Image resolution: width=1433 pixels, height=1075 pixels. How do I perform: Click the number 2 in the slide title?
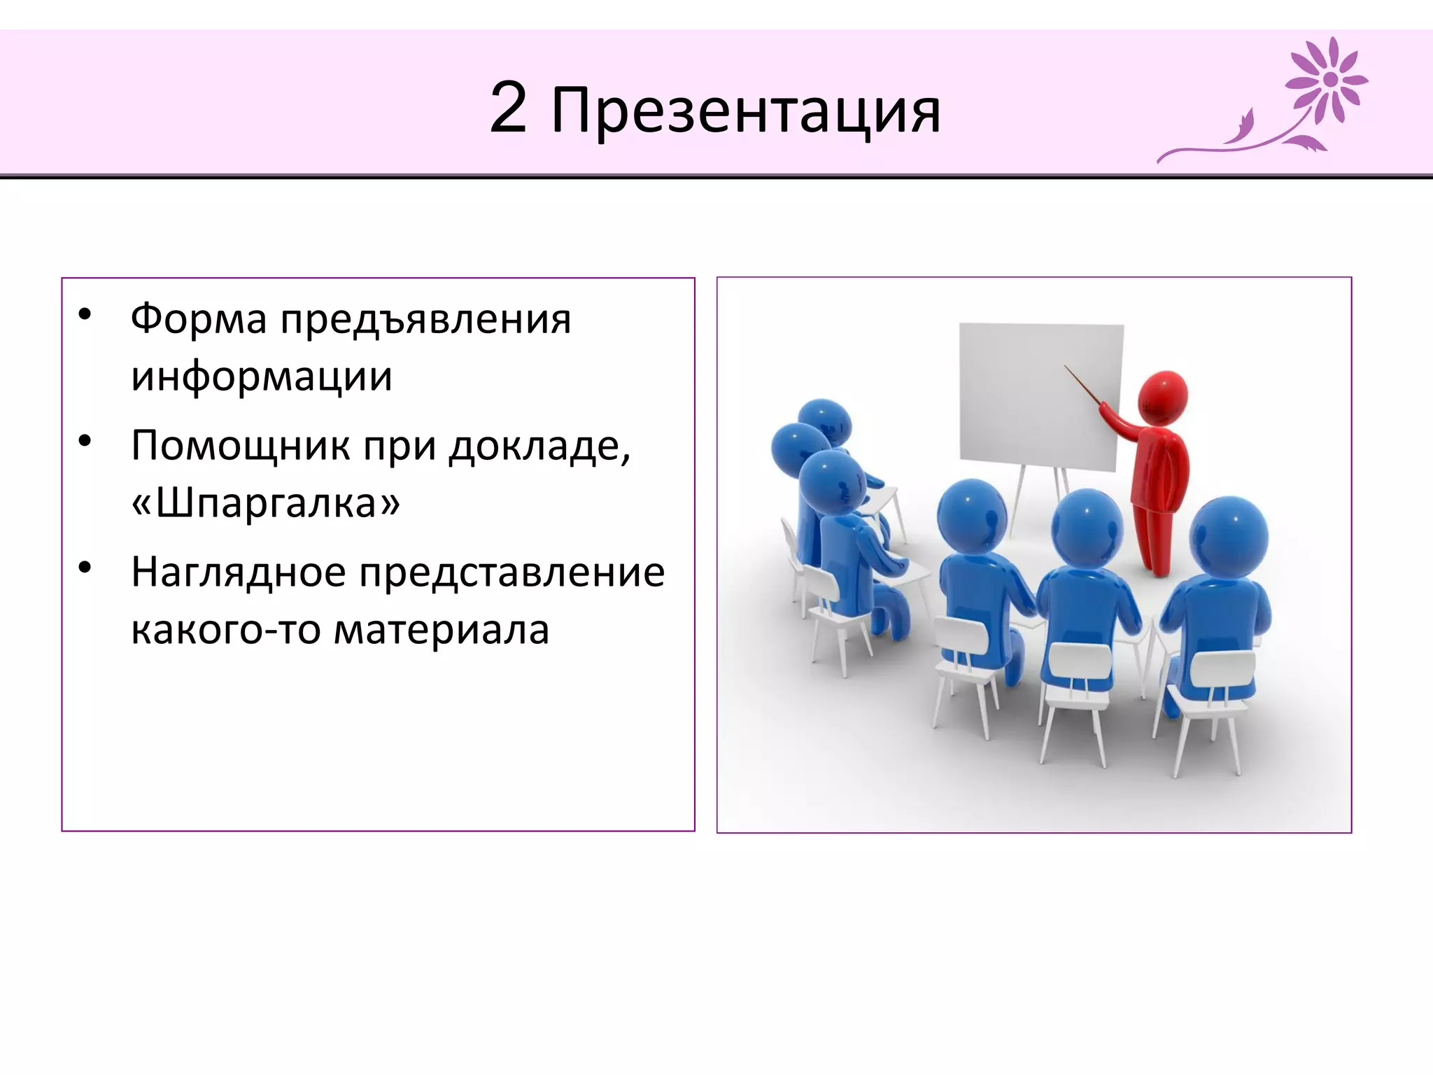point(508,108)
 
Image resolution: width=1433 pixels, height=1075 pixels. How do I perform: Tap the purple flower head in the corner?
point(1328,80)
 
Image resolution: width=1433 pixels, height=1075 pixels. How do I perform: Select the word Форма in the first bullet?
point(199,319)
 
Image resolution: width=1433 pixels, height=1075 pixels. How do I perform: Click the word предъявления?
point(426,321)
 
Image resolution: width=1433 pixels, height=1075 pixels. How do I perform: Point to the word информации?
point(262,377)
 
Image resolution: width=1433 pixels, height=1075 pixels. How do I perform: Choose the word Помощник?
point(240,446)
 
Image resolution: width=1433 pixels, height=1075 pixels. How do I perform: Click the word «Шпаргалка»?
point(265,503)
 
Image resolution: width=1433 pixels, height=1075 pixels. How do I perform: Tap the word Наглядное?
point(239,572)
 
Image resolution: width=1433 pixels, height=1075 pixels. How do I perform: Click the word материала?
point(442,630)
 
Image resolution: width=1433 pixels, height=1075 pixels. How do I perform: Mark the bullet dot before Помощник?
point(85,441)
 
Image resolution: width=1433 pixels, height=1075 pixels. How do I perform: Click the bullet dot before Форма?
point(85,314)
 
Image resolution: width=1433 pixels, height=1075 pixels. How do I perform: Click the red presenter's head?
point(1162,397)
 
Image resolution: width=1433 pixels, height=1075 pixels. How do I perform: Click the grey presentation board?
point(1039,395)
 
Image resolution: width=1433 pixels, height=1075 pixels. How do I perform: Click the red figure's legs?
point(1155,539)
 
